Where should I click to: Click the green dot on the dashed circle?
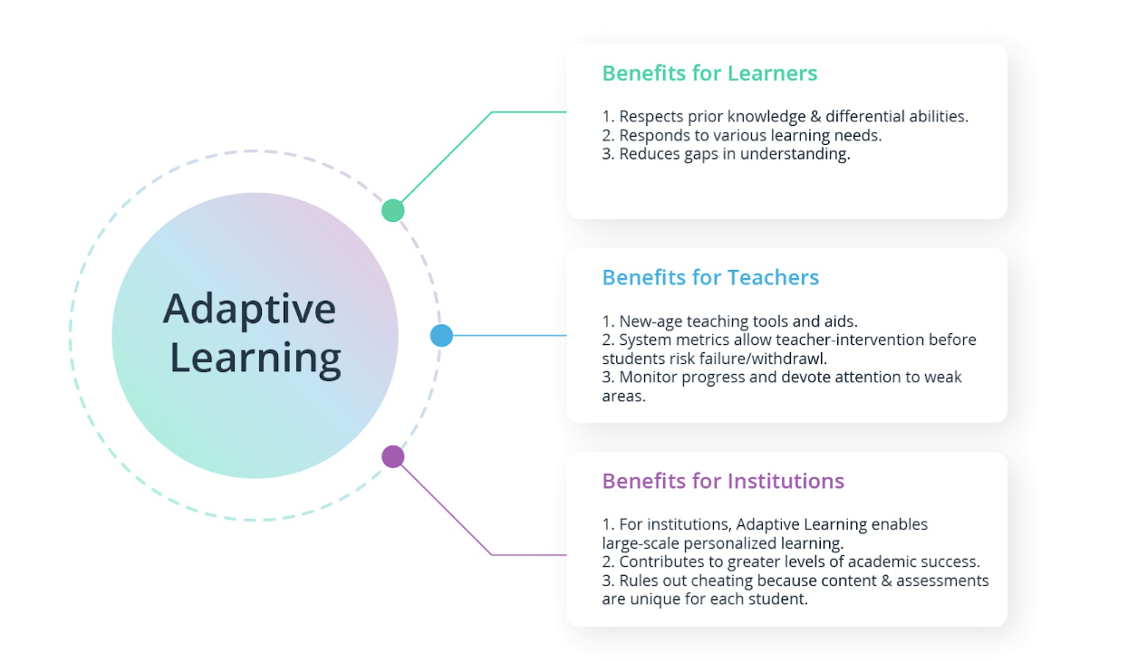(392, 210)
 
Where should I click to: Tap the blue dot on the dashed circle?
(441, 336)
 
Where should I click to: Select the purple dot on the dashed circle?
(392, 456)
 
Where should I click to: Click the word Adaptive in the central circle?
(249, 310)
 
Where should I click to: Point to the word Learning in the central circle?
(255, 358)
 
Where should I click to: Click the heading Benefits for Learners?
(709, 73)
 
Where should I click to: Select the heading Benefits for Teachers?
(710, 277)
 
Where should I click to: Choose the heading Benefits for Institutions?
(723, 481)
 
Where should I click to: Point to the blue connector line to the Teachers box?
(507, 335)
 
